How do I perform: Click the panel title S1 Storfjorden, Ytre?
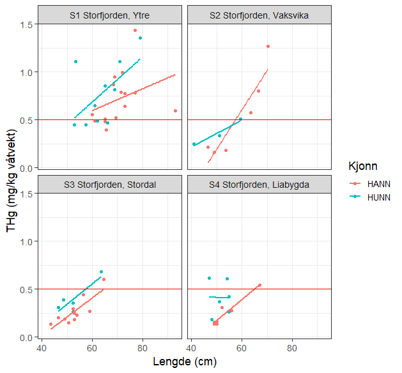(x=109, y=15)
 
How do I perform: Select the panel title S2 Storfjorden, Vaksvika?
(x=259, y=15)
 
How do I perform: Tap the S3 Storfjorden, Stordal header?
(x=109, y=185)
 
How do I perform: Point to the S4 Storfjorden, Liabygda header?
(x=259, y=185)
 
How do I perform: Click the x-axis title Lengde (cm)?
(x=185, y=362)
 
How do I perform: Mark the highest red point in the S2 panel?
(x=268, y=46)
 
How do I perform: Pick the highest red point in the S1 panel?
(x=135, y=30)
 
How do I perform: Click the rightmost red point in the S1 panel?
(x=175, y=110)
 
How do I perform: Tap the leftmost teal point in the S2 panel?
(x=194, y=144)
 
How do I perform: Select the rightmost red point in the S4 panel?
(x=259, y=285)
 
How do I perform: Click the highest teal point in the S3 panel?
(x=101, y=272)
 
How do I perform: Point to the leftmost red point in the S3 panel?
(x=50, y=324)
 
